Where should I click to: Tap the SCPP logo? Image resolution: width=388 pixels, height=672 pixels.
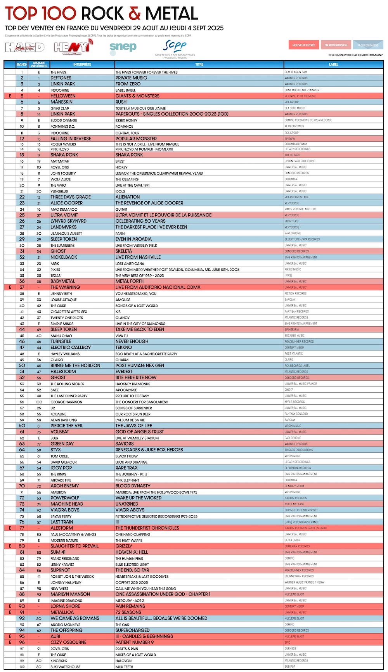[175, 47]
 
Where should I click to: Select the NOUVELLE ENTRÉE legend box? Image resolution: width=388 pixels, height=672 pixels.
[303, 45]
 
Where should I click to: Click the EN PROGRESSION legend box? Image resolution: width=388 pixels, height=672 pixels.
[336, 45]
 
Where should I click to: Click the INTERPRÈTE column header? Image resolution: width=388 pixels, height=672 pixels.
[82, 64]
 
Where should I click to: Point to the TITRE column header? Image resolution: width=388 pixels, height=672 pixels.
[199, 64]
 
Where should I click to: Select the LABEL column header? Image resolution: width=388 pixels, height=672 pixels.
[333, 64]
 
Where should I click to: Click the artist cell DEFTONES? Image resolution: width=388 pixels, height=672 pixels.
[61, 78]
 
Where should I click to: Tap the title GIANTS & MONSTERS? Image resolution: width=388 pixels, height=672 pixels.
[137, 96]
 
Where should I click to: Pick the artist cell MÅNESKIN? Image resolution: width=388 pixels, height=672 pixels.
[61, 102]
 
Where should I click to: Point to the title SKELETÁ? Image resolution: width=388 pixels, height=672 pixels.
[124, 251]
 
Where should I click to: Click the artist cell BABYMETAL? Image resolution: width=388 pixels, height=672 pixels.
[63, 281]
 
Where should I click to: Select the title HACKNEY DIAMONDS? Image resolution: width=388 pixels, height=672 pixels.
[133, 384]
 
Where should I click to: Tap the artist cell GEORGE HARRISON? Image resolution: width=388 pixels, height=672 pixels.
[66, 402]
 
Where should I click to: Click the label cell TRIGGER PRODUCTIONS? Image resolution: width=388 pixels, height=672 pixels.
[299, 450]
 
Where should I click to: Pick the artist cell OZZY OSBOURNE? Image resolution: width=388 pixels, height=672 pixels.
[68, 642]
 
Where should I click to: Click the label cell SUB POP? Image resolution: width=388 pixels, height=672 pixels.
[290, 667]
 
